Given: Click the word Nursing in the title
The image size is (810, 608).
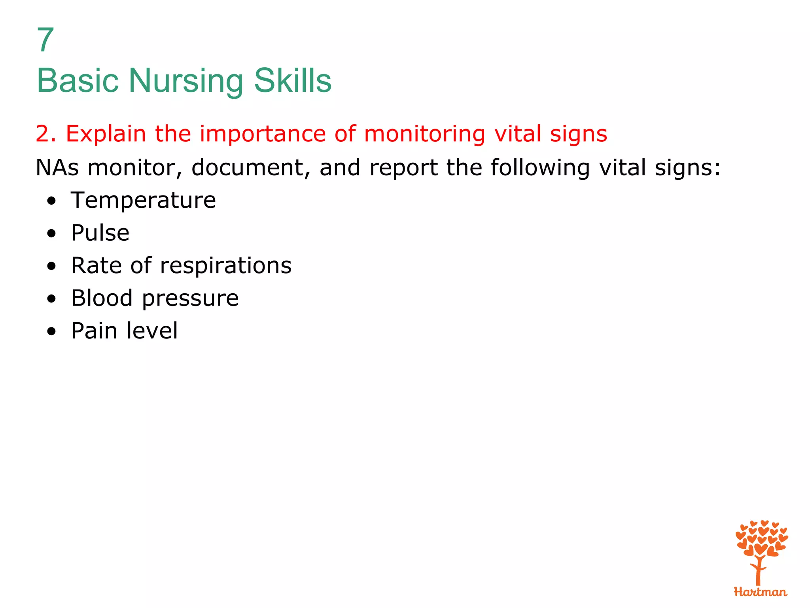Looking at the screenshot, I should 185,81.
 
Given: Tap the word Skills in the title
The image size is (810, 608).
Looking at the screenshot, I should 292,80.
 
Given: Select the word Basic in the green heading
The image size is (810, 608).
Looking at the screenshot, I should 78,80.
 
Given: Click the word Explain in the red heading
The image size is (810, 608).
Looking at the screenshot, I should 106,134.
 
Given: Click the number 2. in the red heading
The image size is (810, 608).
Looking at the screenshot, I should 46,134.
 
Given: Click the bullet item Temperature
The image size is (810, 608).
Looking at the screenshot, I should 143,200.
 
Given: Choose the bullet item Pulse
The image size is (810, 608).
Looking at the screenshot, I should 100,233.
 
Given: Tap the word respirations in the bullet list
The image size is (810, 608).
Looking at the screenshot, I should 225,266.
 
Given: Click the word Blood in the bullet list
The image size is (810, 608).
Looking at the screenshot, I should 102,298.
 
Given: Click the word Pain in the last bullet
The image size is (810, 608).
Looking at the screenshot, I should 93,331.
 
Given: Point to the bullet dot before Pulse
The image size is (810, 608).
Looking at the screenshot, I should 51,234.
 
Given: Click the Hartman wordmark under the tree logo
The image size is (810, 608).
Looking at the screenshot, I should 760,592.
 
